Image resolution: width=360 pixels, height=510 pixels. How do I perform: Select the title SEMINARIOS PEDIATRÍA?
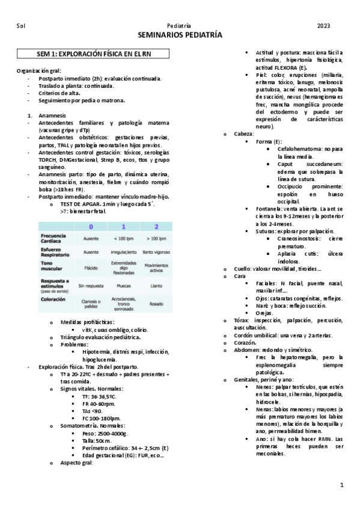tap(180, 36)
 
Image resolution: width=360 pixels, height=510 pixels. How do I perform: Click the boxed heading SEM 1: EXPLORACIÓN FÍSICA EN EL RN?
tap(94, 54)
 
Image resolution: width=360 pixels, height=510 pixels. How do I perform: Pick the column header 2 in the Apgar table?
tap(156, 227)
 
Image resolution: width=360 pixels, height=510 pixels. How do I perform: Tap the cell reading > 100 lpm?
tap(156, 239)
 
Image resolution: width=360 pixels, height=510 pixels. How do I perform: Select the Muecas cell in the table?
tap(124, 286)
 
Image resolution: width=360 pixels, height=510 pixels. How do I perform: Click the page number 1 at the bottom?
tap(341, 484)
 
